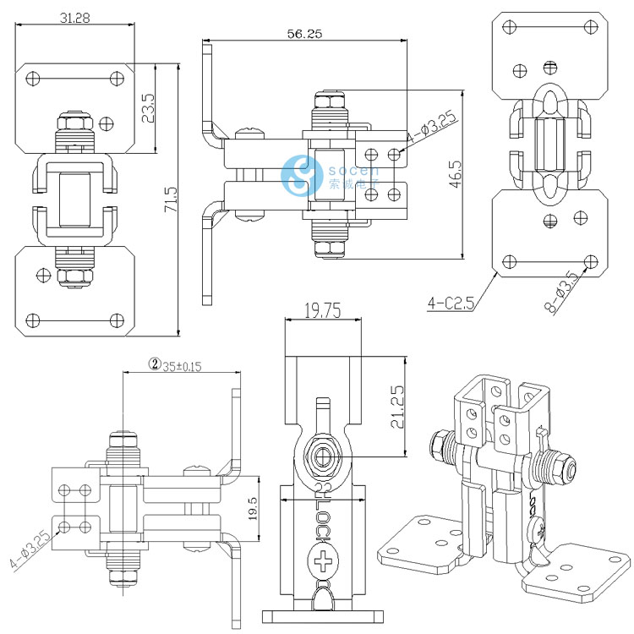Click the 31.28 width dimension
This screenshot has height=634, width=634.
[75, 17]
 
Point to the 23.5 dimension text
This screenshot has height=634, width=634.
[149, 109]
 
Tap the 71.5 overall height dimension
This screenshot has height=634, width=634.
[172, 200]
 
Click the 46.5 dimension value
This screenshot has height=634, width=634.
[456, 173]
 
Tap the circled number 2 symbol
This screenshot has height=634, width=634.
[155, 364]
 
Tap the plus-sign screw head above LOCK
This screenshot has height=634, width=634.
[323, 560]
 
